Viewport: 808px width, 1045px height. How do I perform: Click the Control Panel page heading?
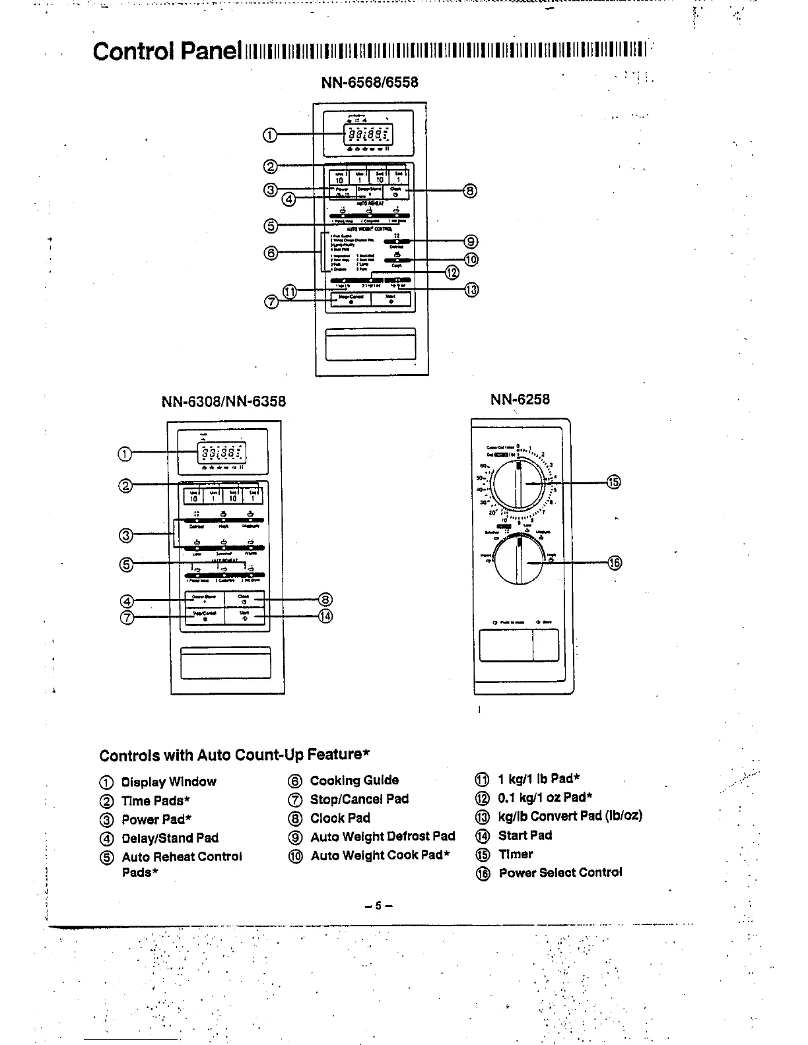tap(166, 50)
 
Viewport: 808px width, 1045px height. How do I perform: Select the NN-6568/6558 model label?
tap(369, 82)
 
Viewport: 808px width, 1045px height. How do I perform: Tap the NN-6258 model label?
tap(520, 399)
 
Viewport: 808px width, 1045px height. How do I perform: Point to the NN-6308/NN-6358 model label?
tap(224, 402)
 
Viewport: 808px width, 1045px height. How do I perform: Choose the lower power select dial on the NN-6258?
tap(520, 561)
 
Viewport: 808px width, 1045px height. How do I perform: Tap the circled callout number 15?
tap(614, 482)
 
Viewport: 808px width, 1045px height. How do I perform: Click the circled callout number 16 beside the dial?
tap(614, 562)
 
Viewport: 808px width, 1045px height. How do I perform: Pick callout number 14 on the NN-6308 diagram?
tap(325, 616)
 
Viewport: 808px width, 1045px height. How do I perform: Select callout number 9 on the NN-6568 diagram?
tap(470, 241)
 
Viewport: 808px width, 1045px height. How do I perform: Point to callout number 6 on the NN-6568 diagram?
tap(270, 251)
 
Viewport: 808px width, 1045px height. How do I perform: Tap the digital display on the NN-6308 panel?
tap(222, 453)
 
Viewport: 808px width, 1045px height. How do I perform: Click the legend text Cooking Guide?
tap(354, 780)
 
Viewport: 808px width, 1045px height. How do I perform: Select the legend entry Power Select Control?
tap(560, 872)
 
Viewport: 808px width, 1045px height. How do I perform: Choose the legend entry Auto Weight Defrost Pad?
tap(382, 837)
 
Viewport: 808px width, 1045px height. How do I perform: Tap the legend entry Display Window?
tap(168, 782)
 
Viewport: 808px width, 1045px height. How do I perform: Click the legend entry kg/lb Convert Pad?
tap(569, 815)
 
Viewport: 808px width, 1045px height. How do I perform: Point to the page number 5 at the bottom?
tap(378, 906)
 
